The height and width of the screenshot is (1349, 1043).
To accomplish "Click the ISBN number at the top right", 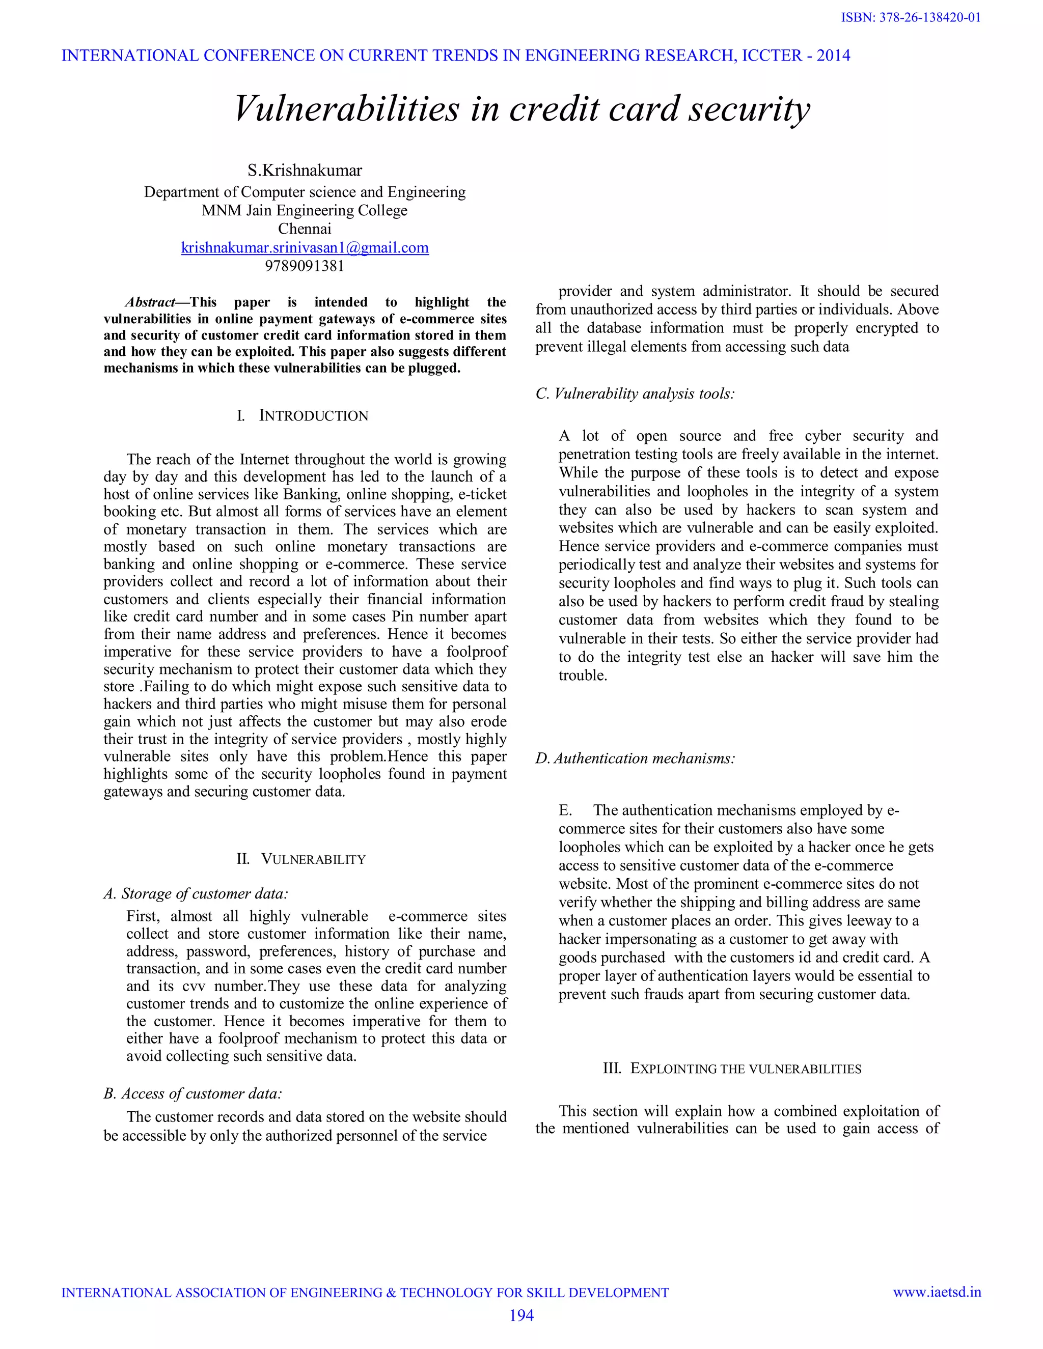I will coord(911,17).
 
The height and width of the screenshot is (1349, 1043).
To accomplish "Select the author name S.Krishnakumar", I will coord(305,171).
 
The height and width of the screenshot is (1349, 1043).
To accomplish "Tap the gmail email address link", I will coord(305,248).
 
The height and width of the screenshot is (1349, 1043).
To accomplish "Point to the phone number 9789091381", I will coord(305,266).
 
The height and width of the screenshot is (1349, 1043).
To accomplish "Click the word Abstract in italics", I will coord(150,302).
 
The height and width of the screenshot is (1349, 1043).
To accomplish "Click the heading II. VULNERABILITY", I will coord(301,859).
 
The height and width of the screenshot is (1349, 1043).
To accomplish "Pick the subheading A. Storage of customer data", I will coord(196,894).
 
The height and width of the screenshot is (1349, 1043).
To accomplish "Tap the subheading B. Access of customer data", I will coord(193,1094).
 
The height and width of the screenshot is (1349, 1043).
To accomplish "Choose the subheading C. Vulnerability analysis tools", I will coord(635,394).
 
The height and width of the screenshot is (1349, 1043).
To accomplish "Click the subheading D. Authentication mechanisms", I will coord(635,758).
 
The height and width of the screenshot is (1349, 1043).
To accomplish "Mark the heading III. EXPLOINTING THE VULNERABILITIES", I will coord(732,1069).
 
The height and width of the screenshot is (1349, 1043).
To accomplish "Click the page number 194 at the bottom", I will coord(521,1315).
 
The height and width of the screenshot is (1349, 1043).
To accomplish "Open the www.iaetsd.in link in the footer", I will coord(937,1292).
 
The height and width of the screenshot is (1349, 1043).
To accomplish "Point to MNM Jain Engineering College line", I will coord(305,211).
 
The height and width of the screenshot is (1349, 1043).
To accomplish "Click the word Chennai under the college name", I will coord(305,229).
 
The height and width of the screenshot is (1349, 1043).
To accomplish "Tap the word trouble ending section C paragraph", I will coord(582,676).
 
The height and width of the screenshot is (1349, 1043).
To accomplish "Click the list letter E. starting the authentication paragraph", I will coord(565,810).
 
